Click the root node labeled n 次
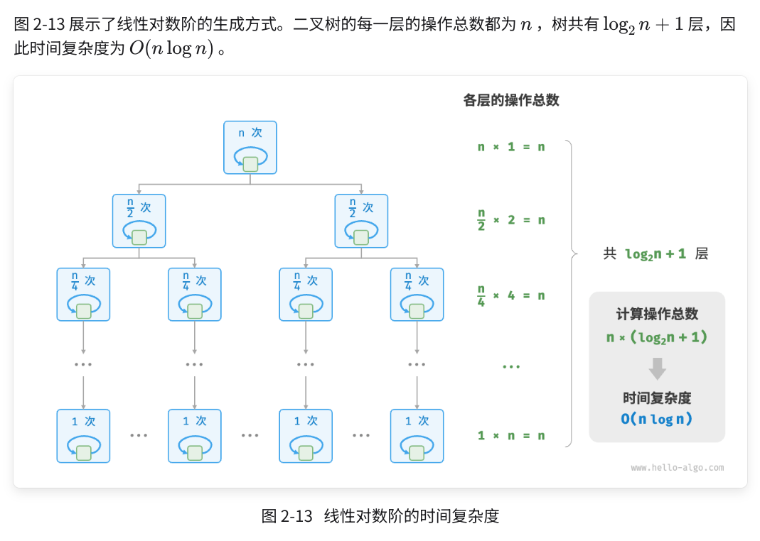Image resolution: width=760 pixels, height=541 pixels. [250, 148]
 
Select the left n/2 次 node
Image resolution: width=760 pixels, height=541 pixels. [139, 221]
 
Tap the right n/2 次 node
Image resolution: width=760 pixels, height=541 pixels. [361, 221]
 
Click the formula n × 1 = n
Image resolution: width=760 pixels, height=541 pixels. [511, 147]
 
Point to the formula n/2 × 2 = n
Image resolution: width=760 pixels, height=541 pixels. [511, 220]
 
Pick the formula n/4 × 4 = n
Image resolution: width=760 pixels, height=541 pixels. [511, 295]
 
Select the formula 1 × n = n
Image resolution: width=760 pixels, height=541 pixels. [511, 435]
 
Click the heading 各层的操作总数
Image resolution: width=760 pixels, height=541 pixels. [511, 100]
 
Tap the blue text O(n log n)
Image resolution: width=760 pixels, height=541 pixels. [657, 419]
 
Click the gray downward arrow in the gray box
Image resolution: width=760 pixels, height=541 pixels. [658, 368]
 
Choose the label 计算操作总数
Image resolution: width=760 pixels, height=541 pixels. [657, 314]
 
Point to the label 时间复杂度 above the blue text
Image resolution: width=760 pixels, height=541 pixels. [657, 398]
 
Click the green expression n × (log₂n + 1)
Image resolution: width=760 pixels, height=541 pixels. [657, 337]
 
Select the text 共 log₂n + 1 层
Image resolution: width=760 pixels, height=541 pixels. [655, 253]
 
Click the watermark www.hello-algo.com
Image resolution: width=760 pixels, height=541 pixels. [677, 467]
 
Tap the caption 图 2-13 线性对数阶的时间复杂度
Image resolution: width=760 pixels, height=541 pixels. [380, 516]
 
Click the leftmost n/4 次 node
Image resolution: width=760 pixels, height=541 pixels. [83, 295]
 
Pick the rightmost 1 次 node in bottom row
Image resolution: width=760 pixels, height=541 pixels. [417, 436]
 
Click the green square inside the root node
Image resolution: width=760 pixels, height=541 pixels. [250, 165]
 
